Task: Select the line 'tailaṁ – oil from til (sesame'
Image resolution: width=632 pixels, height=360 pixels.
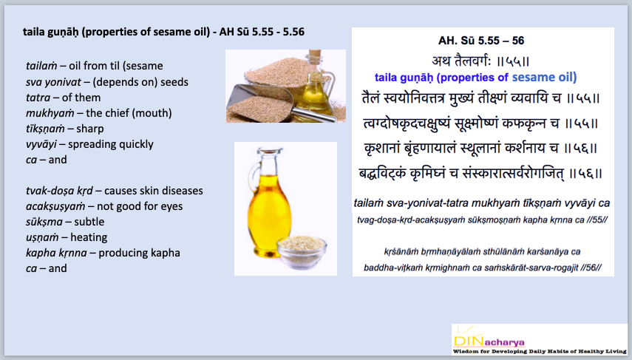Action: [x=94, y=66]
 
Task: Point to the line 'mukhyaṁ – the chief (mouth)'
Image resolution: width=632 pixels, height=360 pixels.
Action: [x=98, y=112]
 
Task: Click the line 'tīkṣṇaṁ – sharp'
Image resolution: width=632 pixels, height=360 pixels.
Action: [x=64, y=128]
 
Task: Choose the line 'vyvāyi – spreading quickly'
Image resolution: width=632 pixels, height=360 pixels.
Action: [x=89, y=143]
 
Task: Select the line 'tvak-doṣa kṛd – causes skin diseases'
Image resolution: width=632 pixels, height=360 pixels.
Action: [x=114, y=191]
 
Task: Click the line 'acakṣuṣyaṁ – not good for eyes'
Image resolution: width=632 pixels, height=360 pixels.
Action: [x=104, y=206]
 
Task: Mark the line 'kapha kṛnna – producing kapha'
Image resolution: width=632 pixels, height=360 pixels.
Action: [x=103, y=253]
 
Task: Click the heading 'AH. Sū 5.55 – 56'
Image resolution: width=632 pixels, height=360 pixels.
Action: [x=483, y=41]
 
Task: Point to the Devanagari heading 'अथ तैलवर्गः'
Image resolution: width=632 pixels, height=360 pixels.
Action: [x=483, y=59]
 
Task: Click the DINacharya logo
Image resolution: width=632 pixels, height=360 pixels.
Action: [x=539, y=339]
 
